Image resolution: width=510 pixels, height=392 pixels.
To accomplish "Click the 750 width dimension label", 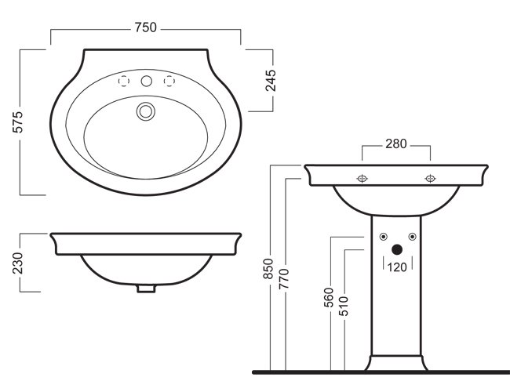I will (145, 27).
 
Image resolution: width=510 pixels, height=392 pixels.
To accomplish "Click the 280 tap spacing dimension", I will (396, 143).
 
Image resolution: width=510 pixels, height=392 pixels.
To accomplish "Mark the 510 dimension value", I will (345, 301).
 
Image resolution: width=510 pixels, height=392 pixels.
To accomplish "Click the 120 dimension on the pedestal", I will (395, 267).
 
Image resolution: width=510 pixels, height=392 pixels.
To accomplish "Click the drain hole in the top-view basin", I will (144, 112).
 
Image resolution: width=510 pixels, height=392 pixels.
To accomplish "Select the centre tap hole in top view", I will (145, 81).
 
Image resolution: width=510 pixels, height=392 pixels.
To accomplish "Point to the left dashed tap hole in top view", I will (122, 81).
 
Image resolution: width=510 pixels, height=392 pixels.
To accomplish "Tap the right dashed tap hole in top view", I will (167, 81).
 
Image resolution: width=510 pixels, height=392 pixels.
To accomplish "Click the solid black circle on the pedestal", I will (396, 250).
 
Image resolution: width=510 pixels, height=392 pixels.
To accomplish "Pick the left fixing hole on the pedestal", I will (382, 238).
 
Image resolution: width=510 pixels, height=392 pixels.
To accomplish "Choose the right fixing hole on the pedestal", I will (410, 238).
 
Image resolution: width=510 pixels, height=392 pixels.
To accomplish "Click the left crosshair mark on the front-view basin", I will (362, 179).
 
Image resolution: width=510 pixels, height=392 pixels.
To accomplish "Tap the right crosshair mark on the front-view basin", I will (430, 179).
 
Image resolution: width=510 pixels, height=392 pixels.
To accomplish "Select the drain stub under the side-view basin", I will (144, 289).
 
